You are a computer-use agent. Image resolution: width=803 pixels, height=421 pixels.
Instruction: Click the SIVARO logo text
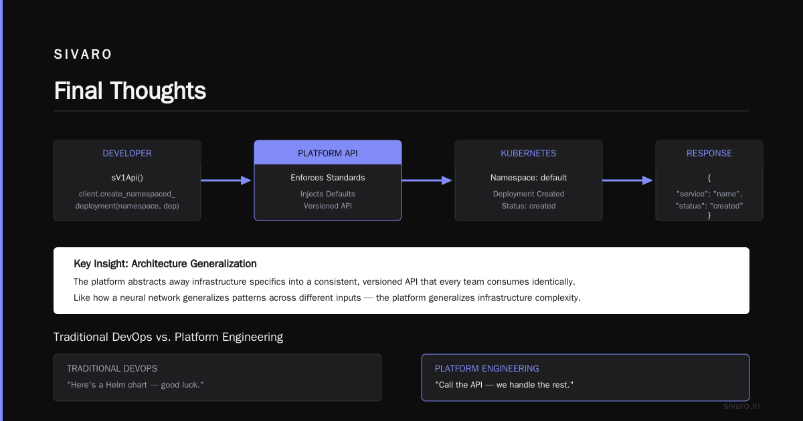point(83,54)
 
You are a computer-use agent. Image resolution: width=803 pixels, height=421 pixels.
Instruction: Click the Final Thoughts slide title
point(130,91)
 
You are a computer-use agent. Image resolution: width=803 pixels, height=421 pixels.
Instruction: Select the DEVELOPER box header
point(127,153)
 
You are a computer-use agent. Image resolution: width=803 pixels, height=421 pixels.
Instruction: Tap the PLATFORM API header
point(328,153)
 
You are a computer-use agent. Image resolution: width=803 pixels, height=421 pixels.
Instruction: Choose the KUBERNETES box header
point(529,153)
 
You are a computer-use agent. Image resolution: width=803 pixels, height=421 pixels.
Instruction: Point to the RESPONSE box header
point(709,153)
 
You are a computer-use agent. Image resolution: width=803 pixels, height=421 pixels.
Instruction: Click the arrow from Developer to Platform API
point(226,180)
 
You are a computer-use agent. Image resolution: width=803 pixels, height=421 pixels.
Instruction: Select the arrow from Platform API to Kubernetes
point(427,180)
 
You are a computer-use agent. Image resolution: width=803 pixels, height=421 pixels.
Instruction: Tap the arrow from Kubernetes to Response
point(628,180)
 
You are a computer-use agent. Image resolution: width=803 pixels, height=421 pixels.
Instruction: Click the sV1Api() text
point(127,178)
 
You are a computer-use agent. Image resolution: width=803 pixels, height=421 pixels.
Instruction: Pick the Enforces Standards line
point(328,178)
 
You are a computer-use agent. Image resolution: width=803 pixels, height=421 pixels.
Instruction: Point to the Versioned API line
point(328,206)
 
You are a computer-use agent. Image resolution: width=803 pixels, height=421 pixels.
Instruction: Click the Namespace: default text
point(529,178)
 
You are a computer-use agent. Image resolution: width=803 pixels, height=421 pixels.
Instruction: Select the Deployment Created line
point(529,194)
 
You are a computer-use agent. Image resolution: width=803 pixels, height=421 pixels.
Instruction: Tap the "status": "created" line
point(709,206)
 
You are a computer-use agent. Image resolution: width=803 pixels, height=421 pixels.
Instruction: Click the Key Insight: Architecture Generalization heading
point(165,264)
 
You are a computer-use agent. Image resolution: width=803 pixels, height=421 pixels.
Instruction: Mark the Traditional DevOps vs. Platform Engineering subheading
point(168,337)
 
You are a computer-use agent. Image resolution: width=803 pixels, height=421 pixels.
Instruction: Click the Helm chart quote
point(135,385)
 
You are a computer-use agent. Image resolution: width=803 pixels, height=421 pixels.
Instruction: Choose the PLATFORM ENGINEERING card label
point(487,368)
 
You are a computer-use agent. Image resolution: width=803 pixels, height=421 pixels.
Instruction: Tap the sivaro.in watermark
point(741,406)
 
